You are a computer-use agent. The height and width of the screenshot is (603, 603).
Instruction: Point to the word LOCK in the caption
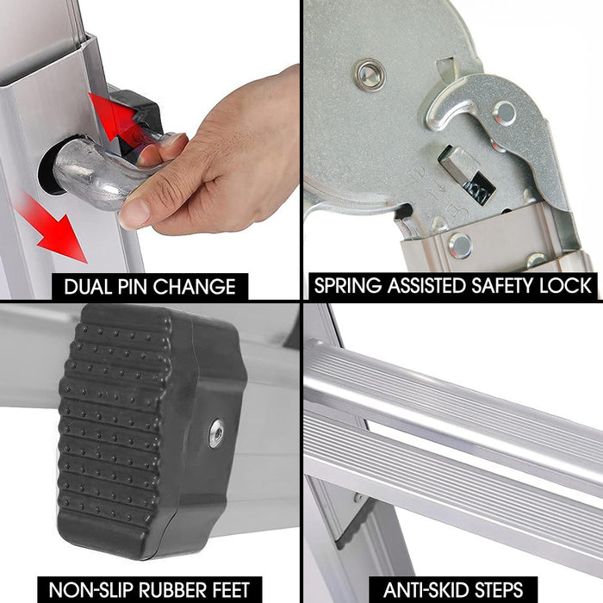click(565, 286)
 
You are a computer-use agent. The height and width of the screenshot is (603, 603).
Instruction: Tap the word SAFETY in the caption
click(500, 286)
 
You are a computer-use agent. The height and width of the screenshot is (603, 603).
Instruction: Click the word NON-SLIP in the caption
click(90, 590)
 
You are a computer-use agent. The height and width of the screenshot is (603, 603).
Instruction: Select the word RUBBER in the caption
click(177, 590)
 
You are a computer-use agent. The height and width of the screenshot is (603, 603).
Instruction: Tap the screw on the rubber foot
click(216, 433)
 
